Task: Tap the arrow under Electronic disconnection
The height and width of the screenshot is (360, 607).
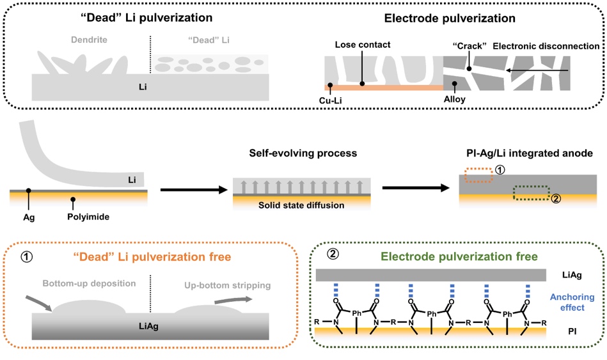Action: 537,70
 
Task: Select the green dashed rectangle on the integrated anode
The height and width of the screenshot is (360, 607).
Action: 532,193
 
